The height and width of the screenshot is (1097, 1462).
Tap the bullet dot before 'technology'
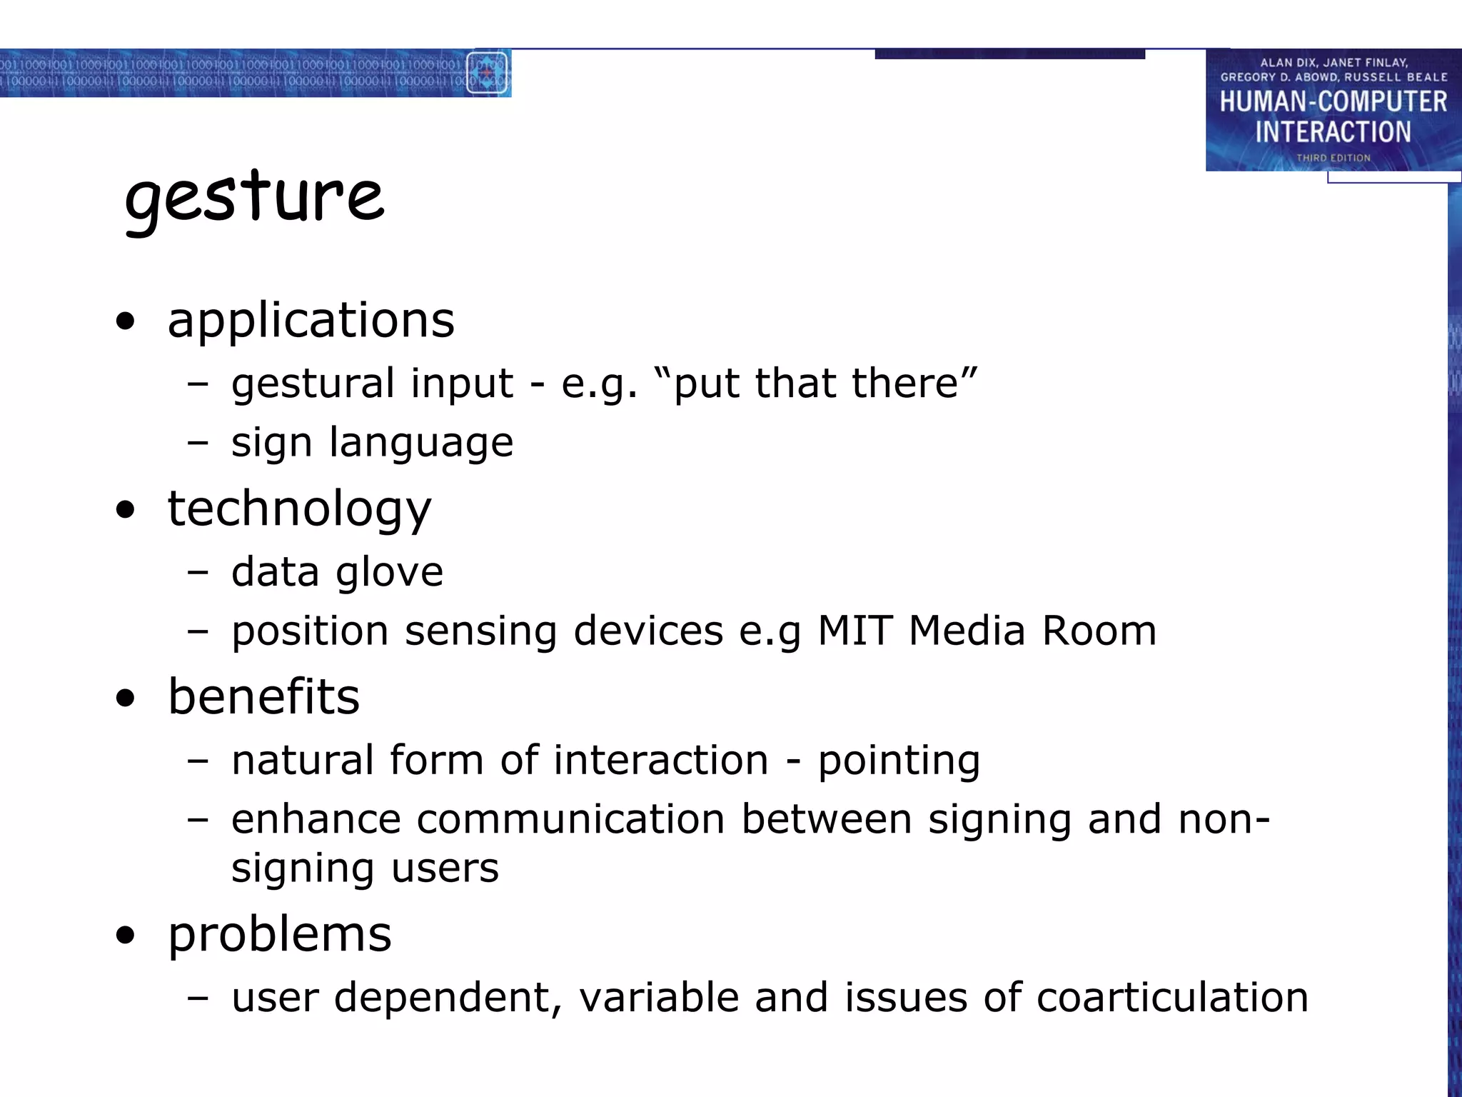pos(126,510)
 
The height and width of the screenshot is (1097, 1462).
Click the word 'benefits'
pos(263,697)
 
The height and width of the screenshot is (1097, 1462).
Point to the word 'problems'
pos(279,935)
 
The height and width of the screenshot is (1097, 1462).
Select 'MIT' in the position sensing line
pos(854,631)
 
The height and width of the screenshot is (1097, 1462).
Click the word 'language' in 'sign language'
pos(421,444)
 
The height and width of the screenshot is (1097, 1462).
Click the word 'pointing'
pos(899,761)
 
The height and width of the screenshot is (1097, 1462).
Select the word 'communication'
pos(570,819)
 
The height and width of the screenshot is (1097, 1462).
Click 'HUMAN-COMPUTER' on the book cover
pos(1333,102)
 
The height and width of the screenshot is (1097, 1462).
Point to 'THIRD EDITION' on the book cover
pos(1333,158)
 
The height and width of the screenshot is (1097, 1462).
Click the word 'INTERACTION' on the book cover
pos(1333,132)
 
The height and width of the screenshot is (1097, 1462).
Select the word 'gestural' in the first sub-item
pos(313,385)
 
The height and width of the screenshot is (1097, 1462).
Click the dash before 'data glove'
pos(198,573)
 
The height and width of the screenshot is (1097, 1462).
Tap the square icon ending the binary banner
pos(488,73)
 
